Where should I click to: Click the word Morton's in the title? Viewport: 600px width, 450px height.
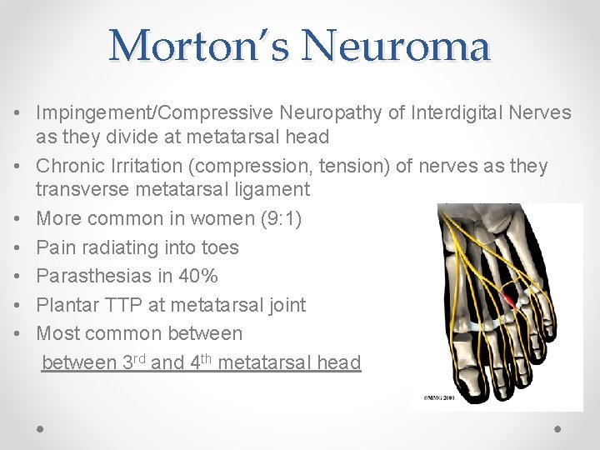pyautogui.click(x=201, y=46)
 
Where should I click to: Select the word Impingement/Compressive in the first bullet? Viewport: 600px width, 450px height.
pyautogui.click(x=155, y=112)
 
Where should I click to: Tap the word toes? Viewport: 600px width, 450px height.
pyautogui.click(x=220, y=247)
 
